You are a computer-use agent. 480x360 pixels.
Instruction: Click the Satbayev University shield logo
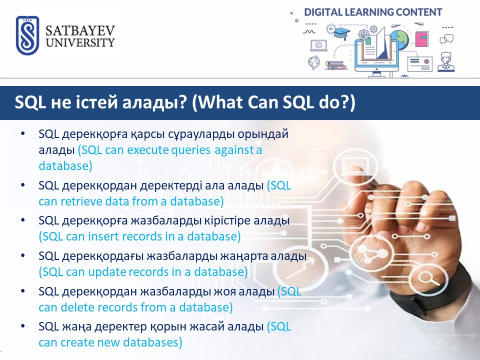point(27,35)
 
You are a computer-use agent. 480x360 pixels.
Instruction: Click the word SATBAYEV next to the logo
point(80,30)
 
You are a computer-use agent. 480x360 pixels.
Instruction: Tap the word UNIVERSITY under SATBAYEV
point(80,42)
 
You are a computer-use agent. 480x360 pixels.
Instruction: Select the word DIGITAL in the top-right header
point(323,12)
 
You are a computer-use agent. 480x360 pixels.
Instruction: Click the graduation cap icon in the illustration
point(342,32)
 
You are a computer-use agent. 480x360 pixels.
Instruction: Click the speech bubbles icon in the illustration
point(446,39)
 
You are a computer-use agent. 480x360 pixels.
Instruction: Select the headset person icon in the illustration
point(445,62)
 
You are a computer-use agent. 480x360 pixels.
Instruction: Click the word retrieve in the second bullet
point(81,201)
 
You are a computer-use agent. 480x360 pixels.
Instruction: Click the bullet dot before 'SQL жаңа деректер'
point(23,326)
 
